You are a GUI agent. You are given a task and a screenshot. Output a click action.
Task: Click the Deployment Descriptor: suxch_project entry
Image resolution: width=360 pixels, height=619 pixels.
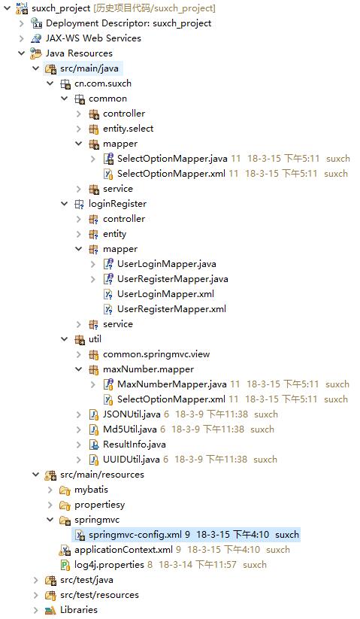(129, 23)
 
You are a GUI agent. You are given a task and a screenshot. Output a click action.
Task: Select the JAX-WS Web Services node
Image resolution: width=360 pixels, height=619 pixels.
(93, 38)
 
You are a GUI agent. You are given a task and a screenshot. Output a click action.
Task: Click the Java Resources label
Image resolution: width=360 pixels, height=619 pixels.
(79, 53)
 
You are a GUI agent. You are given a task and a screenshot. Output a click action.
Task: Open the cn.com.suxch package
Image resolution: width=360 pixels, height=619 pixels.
(103, 83)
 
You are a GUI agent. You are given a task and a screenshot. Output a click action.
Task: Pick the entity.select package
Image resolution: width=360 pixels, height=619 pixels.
(129, 129)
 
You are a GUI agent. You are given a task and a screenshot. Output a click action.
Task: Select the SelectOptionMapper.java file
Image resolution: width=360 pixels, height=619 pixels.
(172, 159)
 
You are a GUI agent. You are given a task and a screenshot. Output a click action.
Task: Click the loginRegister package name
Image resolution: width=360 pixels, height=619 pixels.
(117, 204)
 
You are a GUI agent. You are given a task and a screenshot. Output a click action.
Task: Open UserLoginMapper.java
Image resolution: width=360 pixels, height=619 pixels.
(166, 264)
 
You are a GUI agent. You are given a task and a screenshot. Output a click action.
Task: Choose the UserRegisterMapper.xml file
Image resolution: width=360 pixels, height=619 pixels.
(171, 309)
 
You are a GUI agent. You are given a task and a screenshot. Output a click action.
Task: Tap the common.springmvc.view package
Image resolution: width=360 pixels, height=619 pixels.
(156, 354)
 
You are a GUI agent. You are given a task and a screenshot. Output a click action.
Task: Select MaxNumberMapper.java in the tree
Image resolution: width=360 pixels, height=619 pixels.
(172, 384)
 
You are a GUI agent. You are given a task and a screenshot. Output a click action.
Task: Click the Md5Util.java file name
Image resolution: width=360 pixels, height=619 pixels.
(130, 429)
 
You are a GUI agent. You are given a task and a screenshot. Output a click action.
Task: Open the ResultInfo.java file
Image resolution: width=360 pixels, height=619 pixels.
(134, 444)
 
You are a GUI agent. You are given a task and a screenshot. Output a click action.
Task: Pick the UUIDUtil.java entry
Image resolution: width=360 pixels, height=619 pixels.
(132, 459)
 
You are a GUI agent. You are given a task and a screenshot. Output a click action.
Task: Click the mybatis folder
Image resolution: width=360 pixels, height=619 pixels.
(91, 490)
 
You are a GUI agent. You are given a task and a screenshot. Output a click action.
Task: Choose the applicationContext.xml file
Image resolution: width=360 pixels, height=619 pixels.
(123, 550)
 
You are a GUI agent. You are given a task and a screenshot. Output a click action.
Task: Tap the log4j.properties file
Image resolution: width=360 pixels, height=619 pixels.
(109, 565)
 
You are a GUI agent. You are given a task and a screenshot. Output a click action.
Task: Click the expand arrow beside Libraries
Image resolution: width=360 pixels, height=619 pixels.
(36, 610)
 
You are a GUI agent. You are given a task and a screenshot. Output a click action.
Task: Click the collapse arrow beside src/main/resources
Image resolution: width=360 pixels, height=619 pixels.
(36, 475)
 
